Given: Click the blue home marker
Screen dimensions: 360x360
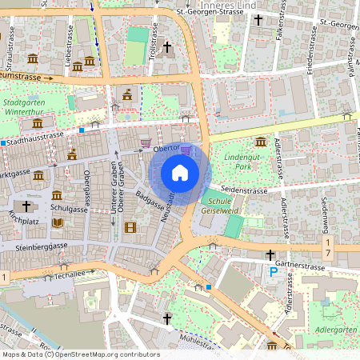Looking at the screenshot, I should [x=180, y=173].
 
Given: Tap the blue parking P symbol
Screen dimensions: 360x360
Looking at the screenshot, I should [x=273, y=273].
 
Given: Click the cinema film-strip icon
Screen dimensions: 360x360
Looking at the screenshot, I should [x=130, y=227].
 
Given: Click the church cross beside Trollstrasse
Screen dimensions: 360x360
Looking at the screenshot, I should [x=166, y=48].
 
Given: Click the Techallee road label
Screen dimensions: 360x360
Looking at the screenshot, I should [x=64, y=274].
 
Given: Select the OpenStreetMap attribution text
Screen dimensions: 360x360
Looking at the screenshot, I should [x=80, y=354].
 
